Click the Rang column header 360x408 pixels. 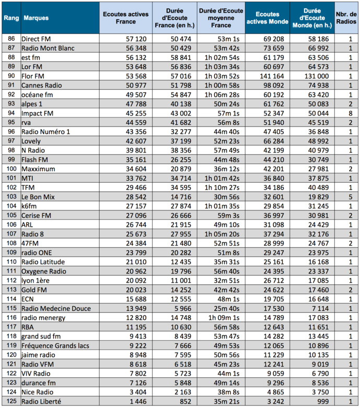tap(10, 18)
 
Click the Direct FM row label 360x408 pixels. tap(36, 39)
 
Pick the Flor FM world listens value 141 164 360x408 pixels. tap(272, 76)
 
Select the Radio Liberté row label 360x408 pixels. tap(41, 401)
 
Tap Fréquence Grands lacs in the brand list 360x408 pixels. tap(55, 345)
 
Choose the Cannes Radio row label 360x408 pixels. tap(42, 85)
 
